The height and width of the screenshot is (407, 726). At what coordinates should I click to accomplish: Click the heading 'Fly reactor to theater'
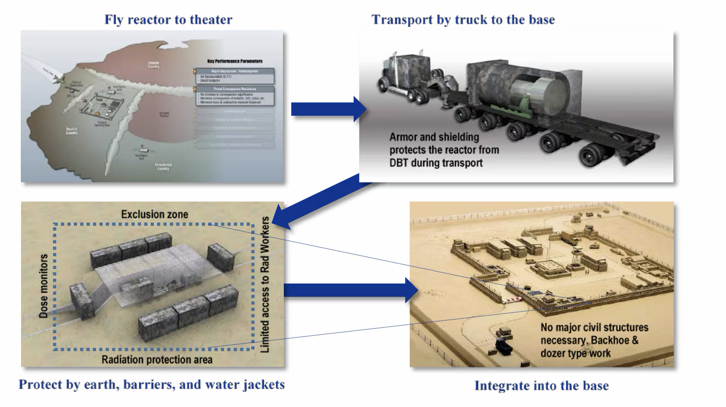[168, 20]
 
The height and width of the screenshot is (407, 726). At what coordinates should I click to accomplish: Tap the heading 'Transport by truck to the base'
[463, 20]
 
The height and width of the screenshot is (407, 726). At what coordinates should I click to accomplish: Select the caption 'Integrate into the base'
[541, 385]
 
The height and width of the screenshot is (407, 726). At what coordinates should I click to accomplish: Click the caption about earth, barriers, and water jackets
[152, 384]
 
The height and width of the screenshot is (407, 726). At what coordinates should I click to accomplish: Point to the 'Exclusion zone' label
[155, 214]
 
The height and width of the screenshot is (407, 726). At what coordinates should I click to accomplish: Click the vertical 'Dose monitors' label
[43, 286]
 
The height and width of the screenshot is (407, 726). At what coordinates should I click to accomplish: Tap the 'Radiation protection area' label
[157, 360]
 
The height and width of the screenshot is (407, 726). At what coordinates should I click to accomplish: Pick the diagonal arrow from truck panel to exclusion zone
[318, 201]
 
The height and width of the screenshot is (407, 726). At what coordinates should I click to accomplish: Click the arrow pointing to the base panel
[349, 290]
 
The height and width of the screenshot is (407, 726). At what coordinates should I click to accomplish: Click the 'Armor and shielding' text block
[444, 150]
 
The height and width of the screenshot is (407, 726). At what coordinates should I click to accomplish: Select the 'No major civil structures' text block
[594, 340]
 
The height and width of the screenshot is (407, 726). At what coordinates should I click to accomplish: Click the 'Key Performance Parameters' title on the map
[235, 61]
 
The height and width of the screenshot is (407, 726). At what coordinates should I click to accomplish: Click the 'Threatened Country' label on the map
[163, 167]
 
